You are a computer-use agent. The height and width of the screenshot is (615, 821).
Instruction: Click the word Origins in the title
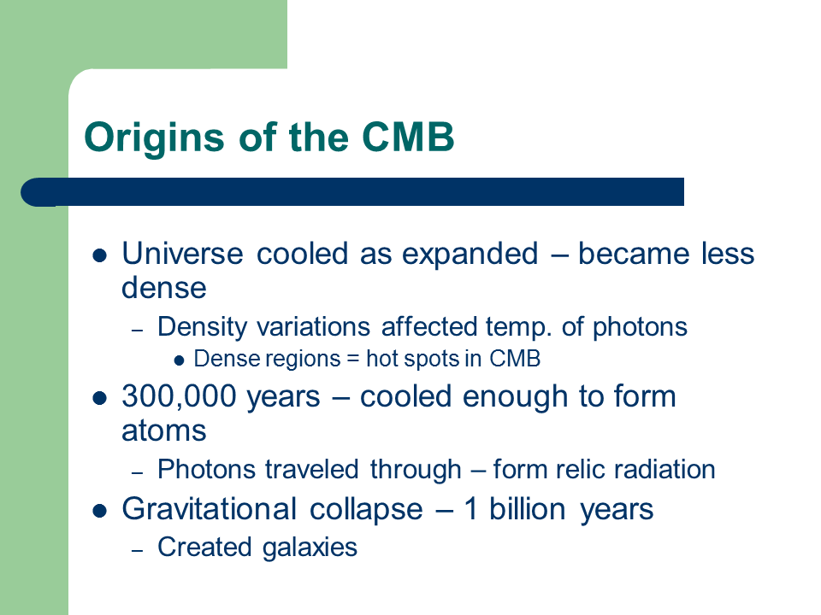pos(155,138)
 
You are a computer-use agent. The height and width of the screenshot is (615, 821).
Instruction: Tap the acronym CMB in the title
pos(408,137)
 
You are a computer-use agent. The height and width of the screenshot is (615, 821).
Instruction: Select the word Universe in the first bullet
pos(182,254)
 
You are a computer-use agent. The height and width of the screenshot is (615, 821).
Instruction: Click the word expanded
pos(470,255)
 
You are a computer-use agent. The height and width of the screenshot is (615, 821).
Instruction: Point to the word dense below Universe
pos(164,288)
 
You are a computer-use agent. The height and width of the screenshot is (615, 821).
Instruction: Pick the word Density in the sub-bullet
pos(202,328)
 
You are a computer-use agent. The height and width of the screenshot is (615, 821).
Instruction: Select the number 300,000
pos(179,396)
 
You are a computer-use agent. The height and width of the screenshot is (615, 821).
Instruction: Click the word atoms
pos(164,431)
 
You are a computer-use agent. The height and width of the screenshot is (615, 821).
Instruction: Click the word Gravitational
pos(210,509)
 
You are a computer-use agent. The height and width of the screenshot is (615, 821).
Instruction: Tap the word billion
pos(528,509)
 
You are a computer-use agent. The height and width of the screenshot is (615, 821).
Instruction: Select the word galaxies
pos(310,548)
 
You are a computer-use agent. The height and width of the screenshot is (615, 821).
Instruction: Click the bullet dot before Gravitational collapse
pos(99,511)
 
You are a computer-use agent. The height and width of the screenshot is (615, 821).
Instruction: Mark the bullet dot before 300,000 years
pos(99,399)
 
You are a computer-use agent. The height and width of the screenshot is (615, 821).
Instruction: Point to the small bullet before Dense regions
pos(179,360)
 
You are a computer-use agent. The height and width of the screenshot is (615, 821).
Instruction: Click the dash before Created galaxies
pos(137,550)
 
